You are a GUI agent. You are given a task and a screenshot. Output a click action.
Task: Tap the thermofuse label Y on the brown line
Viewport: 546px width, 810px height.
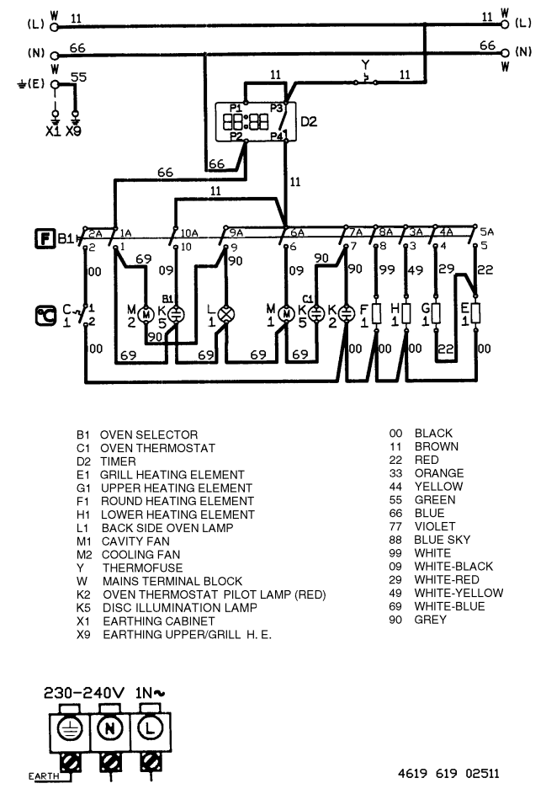364,64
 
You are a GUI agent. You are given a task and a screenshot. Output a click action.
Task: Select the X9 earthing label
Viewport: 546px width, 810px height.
73,134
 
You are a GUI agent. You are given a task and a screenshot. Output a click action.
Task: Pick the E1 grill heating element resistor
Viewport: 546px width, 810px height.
476,314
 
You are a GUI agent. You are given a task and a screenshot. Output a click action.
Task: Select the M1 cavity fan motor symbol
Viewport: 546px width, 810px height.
287,314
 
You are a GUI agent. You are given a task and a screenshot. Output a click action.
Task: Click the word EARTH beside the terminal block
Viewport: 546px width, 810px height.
44,777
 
